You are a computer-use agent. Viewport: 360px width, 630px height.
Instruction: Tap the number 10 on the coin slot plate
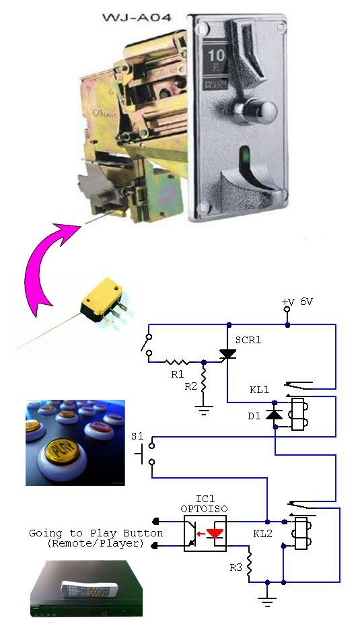click(x=217, y=55)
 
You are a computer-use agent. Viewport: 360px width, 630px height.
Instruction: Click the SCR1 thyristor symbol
click(x=227, y=353)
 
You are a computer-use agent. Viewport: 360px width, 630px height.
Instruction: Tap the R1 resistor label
click(x=177, y=374)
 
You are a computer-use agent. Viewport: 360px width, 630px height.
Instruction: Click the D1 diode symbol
click(x=275, y=415)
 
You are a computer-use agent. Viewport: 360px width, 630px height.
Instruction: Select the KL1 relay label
click(x=260, y=390)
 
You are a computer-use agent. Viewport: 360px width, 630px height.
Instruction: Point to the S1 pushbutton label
click(x=137, y=436)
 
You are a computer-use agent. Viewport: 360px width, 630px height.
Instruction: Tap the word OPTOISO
click(x=204, y=509)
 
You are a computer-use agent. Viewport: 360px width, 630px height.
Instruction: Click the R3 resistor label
click(x=236, y=567)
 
